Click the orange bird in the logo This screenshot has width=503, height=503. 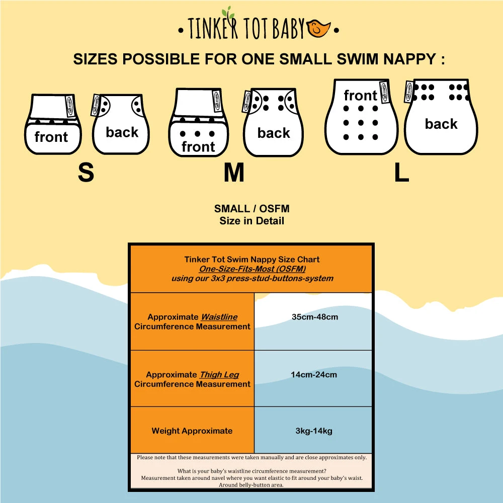pyautogui.click(x=319, y=30)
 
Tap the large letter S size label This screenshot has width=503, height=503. pyautogui.click(x=86, y=173)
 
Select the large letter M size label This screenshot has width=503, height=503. pyautogui.click(x=234, y=173)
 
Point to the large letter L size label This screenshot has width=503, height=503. pyautogui.click(x=401, y=173)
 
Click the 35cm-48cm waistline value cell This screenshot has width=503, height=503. pyautogui.click(x=314, y=317)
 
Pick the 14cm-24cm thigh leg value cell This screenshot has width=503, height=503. pyautogui.click(x=313, y=375)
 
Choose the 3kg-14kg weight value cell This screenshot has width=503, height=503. pyautogui.click(x=313, y=431)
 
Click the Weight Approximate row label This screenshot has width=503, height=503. pyautogui.click(x=192, y=431)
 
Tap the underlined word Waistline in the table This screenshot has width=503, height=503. pyautogui.click(x=219, y=317)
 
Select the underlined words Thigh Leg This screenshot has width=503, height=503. pyautogui.click(x=219, y=375)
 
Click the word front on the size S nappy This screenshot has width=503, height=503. pyautogui.click(x=51, y=137)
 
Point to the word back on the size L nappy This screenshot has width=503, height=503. pyautogui.click(x=441, y=124)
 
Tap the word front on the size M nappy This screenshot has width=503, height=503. pyautogui.click(x=198, y=147)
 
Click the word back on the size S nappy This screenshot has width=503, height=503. pyautogui.click(x=122, y=132)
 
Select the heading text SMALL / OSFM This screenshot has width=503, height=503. pyautogui.click(x=251, y=209)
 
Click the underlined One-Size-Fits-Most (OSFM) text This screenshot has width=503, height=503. pyautogui.click(x=252, y=269)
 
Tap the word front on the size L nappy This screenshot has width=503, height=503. pyautogui.click(x=360, y=96)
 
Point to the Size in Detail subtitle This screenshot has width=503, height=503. pyautogui.click(x=251, y=221)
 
